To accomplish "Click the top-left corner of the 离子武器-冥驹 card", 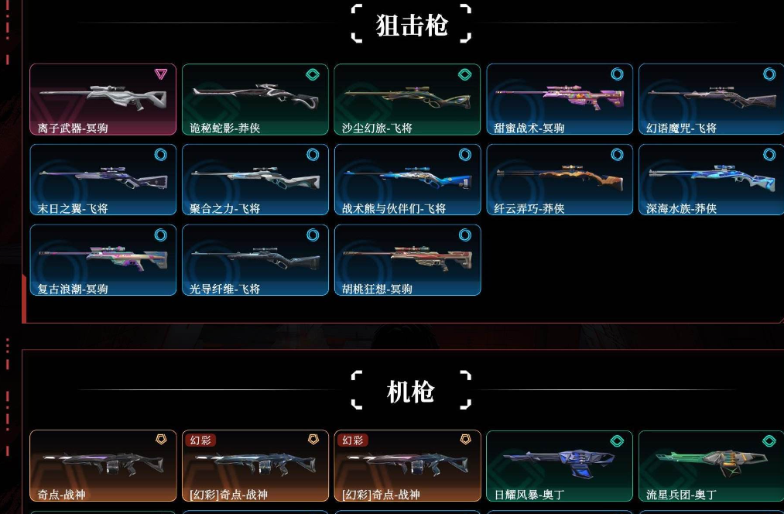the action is [x=30, y=64].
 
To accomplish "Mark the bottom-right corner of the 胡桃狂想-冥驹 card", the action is [x=481, y=295].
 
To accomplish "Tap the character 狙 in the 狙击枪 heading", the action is [x=388, y=25].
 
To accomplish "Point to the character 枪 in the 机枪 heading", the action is [x=422, y=392].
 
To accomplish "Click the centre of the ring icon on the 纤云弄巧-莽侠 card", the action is [x=617, y=155].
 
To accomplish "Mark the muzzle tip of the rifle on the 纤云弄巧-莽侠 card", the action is [x=497, y=173].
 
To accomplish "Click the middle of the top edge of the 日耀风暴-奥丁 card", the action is [x=560, y=431].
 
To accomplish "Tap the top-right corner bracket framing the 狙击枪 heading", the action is [x=465, y=11].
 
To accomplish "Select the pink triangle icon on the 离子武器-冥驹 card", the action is [x=160, y=74].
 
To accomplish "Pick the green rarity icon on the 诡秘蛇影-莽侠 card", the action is [x=313, y=74].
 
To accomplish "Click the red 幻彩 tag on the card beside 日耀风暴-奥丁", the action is [x=352, y=440].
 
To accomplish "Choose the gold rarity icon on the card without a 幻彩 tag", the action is [x=161, y=440].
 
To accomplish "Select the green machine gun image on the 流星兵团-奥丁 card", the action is [x=711, y=461].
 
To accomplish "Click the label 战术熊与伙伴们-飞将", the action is [x=393, y=208].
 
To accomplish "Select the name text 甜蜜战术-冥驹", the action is [x=529, y=128].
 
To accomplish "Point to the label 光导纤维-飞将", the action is [x=224, y=289].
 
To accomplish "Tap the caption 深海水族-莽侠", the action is [x=681, y=208].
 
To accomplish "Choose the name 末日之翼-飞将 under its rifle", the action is [x=73, y=208].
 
